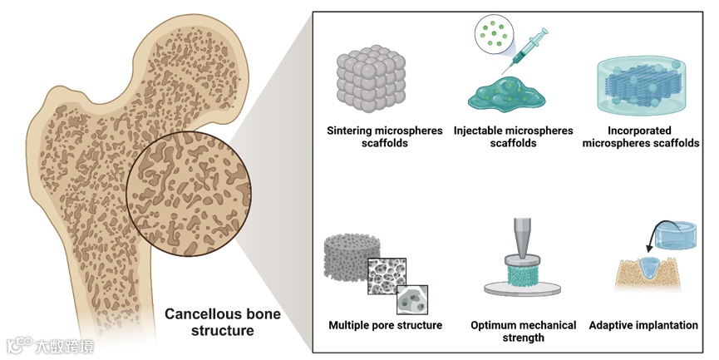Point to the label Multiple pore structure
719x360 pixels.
[x=385, y=325]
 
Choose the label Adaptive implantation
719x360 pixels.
[x=643, y=325]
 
